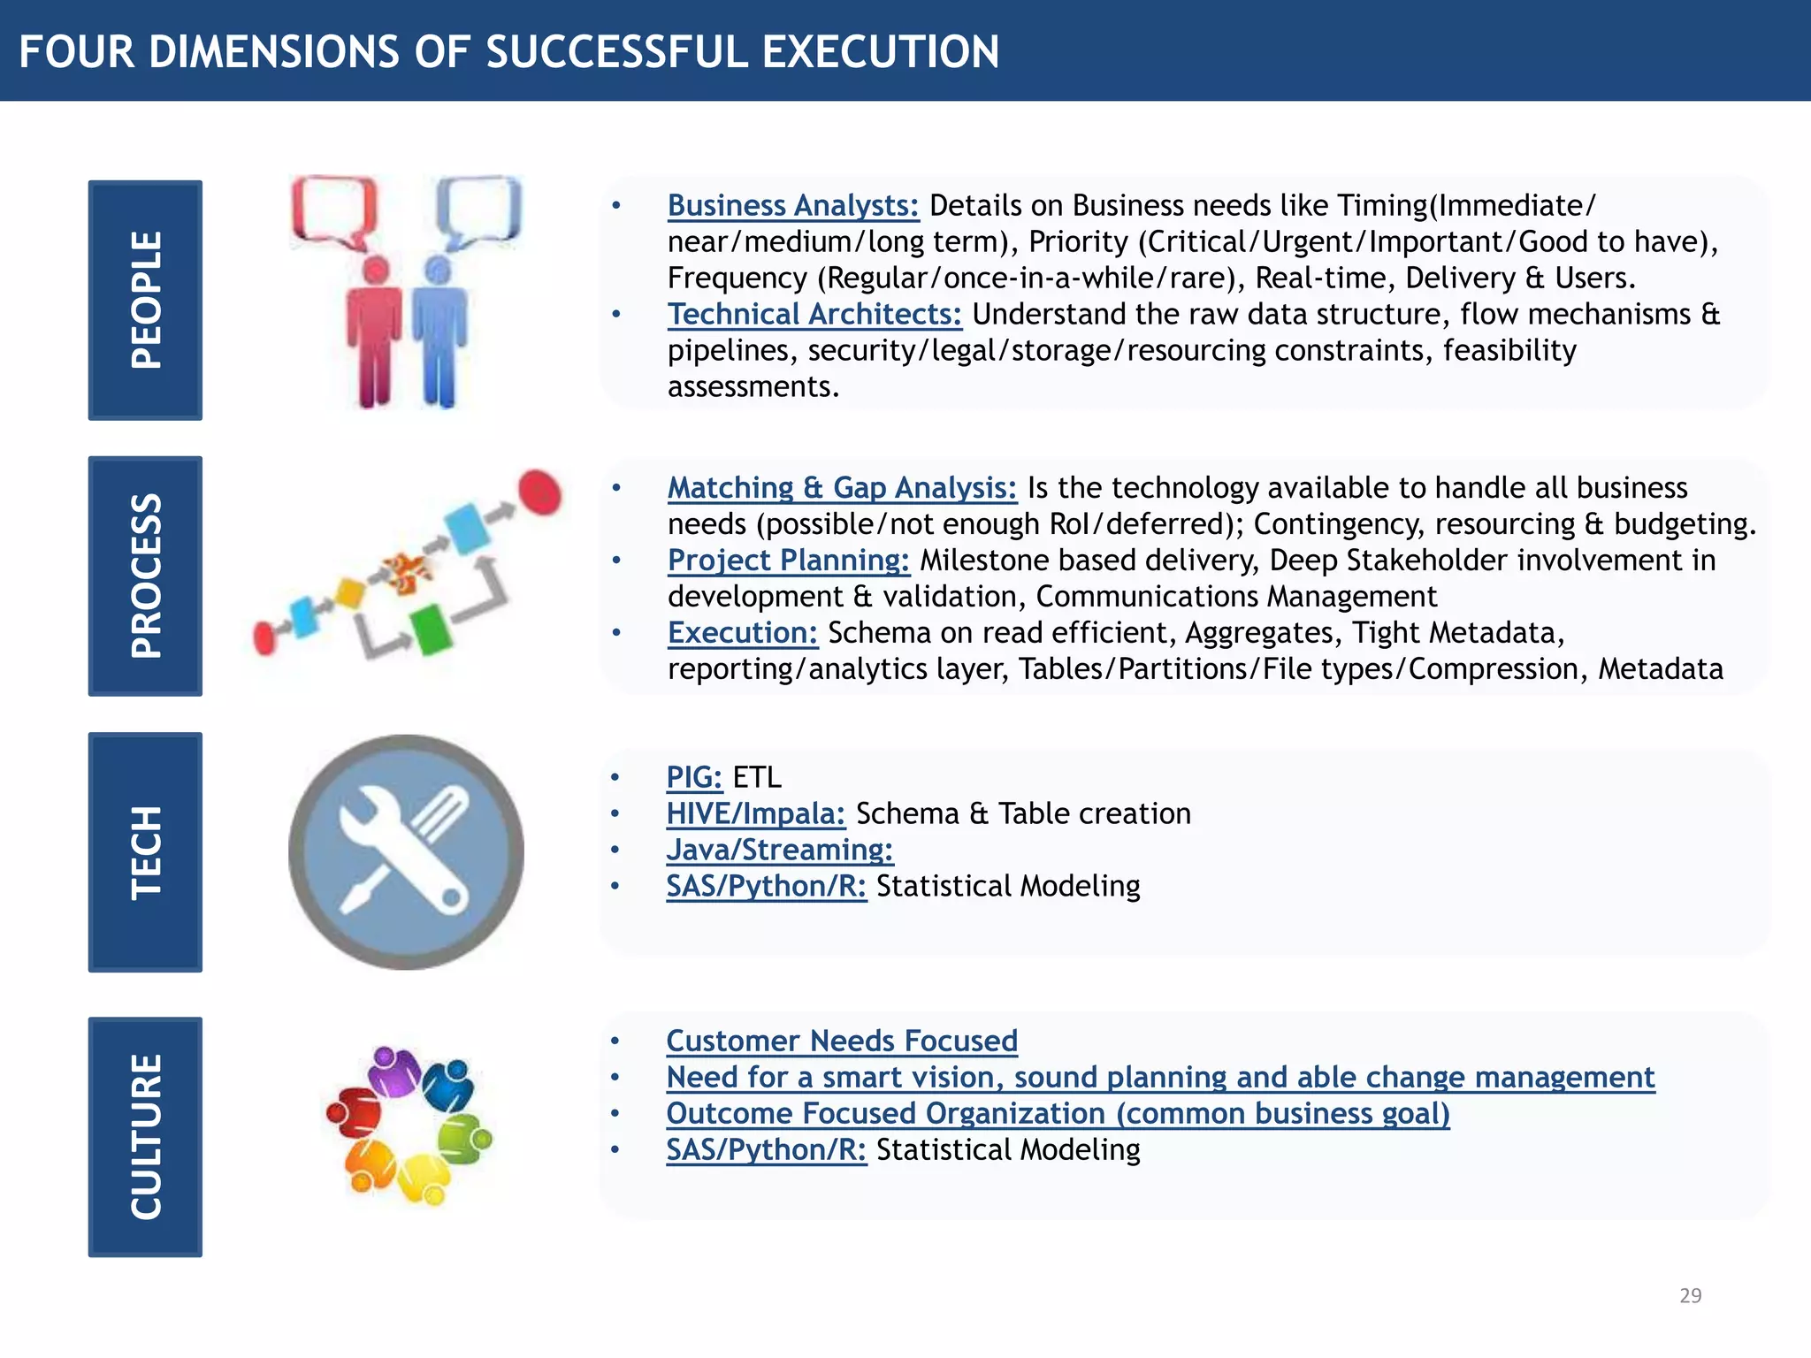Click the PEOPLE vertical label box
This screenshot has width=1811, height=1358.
point(145,300)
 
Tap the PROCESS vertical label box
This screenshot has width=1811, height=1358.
point(145,576)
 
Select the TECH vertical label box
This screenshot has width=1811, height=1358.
point(145,852)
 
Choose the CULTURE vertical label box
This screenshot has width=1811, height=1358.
point(145,1136)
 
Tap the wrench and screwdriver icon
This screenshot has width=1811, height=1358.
point(406,852)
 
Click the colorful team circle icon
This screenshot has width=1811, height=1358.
point(409,1125)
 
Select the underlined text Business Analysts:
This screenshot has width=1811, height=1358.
point(793,205)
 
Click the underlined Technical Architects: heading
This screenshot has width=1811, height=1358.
point(814,314)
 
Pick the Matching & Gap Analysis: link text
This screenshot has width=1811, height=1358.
point(842,487)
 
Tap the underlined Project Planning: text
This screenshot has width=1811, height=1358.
point(788,560)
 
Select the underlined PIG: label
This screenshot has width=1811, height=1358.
point(694,776)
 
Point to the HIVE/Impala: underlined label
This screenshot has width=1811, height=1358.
point(756,813)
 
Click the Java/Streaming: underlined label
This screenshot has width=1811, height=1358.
point(780,849)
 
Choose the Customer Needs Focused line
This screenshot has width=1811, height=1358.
point(842,1041)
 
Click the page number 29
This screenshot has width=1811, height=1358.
point(1690,1295)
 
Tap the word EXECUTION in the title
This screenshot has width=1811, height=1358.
point(881,51)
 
